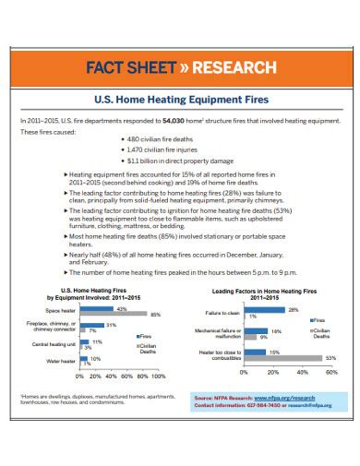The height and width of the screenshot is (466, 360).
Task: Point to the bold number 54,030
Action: point(176,120)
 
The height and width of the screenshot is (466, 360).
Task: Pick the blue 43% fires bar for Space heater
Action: point(98,309)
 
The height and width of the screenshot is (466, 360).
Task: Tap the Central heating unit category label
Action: point(54,342)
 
